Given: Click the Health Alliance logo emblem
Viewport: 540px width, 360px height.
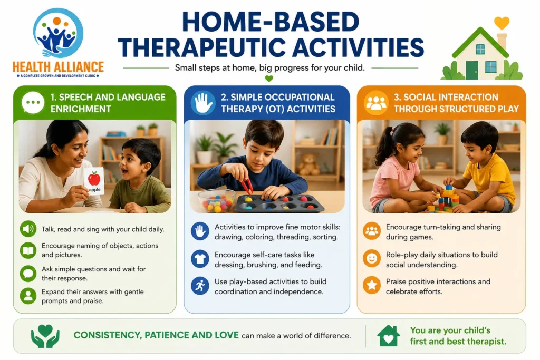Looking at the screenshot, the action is pyautogui.click(x=58, y=32).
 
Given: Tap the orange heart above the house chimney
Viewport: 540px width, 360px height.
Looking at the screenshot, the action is pyautogui.click(x=502, y=23).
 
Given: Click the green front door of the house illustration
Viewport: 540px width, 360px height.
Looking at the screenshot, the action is pyautogui.click(x=472, y=70).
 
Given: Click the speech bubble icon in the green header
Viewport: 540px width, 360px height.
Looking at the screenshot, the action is pyautogui.click(x=33, y=103).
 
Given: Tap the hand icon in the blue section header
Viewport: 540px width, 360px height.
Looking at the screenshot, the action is pyautogui.click(x=203, y=103).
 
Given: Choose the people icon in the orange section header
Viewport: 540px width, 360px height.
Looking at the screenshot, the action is pyautogui.click(x=375, y=103).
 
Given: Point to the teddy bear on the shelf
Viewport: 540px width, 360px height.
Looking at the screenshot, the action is pyautogui.click(x=308, y=164).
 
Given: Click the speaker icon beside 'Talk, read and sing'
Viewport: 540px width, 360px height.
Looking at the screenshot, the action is pyautogui.click(x=28, y=229).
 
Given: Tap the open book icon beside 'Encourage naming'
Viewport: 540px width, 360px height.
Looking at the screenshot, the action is pyautogui.click(x=28, y=250).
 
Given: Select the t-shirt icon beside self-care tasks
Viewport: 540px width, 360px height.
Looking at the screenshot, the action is pyautogui.click(x=200, y=259).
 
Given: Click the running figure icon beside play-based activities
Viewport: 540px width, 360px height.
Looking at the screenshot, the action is pyautogui.click(x=200, y=286).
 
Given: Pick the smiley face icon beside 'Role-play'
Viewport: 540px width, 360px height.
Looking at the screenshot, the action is pyautogui.click(x=372, y=258).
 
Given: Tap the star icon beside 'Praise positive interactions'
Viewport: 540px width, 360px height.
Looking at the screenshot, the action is pyautogui.click(x=372, y=285).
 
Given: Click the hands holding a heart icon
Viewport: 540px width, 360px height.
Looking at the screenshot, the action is pyautogui.click(x=45, y=336).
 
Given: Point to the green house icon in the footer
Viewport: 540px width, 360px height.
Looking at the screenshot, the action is pyautogui.click(x=388, y=336).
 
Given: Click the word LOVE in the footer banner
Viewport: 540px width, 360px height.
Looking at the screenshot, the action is pyautogui.click(x=227, y=335).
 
